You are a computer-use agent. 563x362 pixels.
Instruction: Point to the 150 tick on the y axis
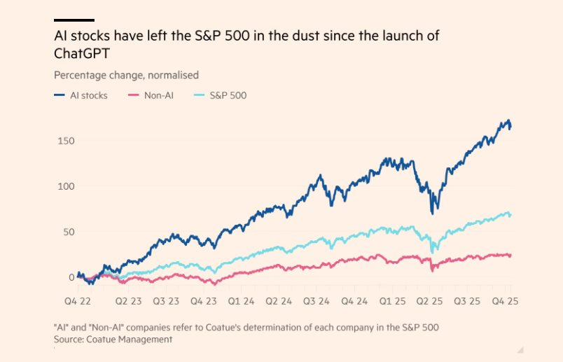click(67, 141)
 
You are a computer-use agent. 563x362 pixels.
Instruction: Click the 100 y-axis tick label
click(67, 186)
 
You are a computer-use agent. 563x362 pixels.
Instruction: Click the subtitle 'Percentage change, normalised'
click(126, 75)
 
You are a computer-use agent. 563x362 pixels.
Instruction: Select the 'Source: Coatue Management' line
click(113, 339)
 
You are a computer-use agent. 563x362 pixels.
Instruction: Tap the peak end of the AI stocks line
click(509, 121)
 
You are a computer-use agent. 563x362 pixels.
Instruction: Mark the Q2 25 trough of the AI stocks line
click(434, 211)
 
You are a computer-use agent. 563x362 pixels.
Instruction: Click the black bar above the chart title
click(74, 20)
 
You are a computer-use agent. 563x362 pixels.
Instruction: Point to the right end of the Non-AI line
click(510, 255)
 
